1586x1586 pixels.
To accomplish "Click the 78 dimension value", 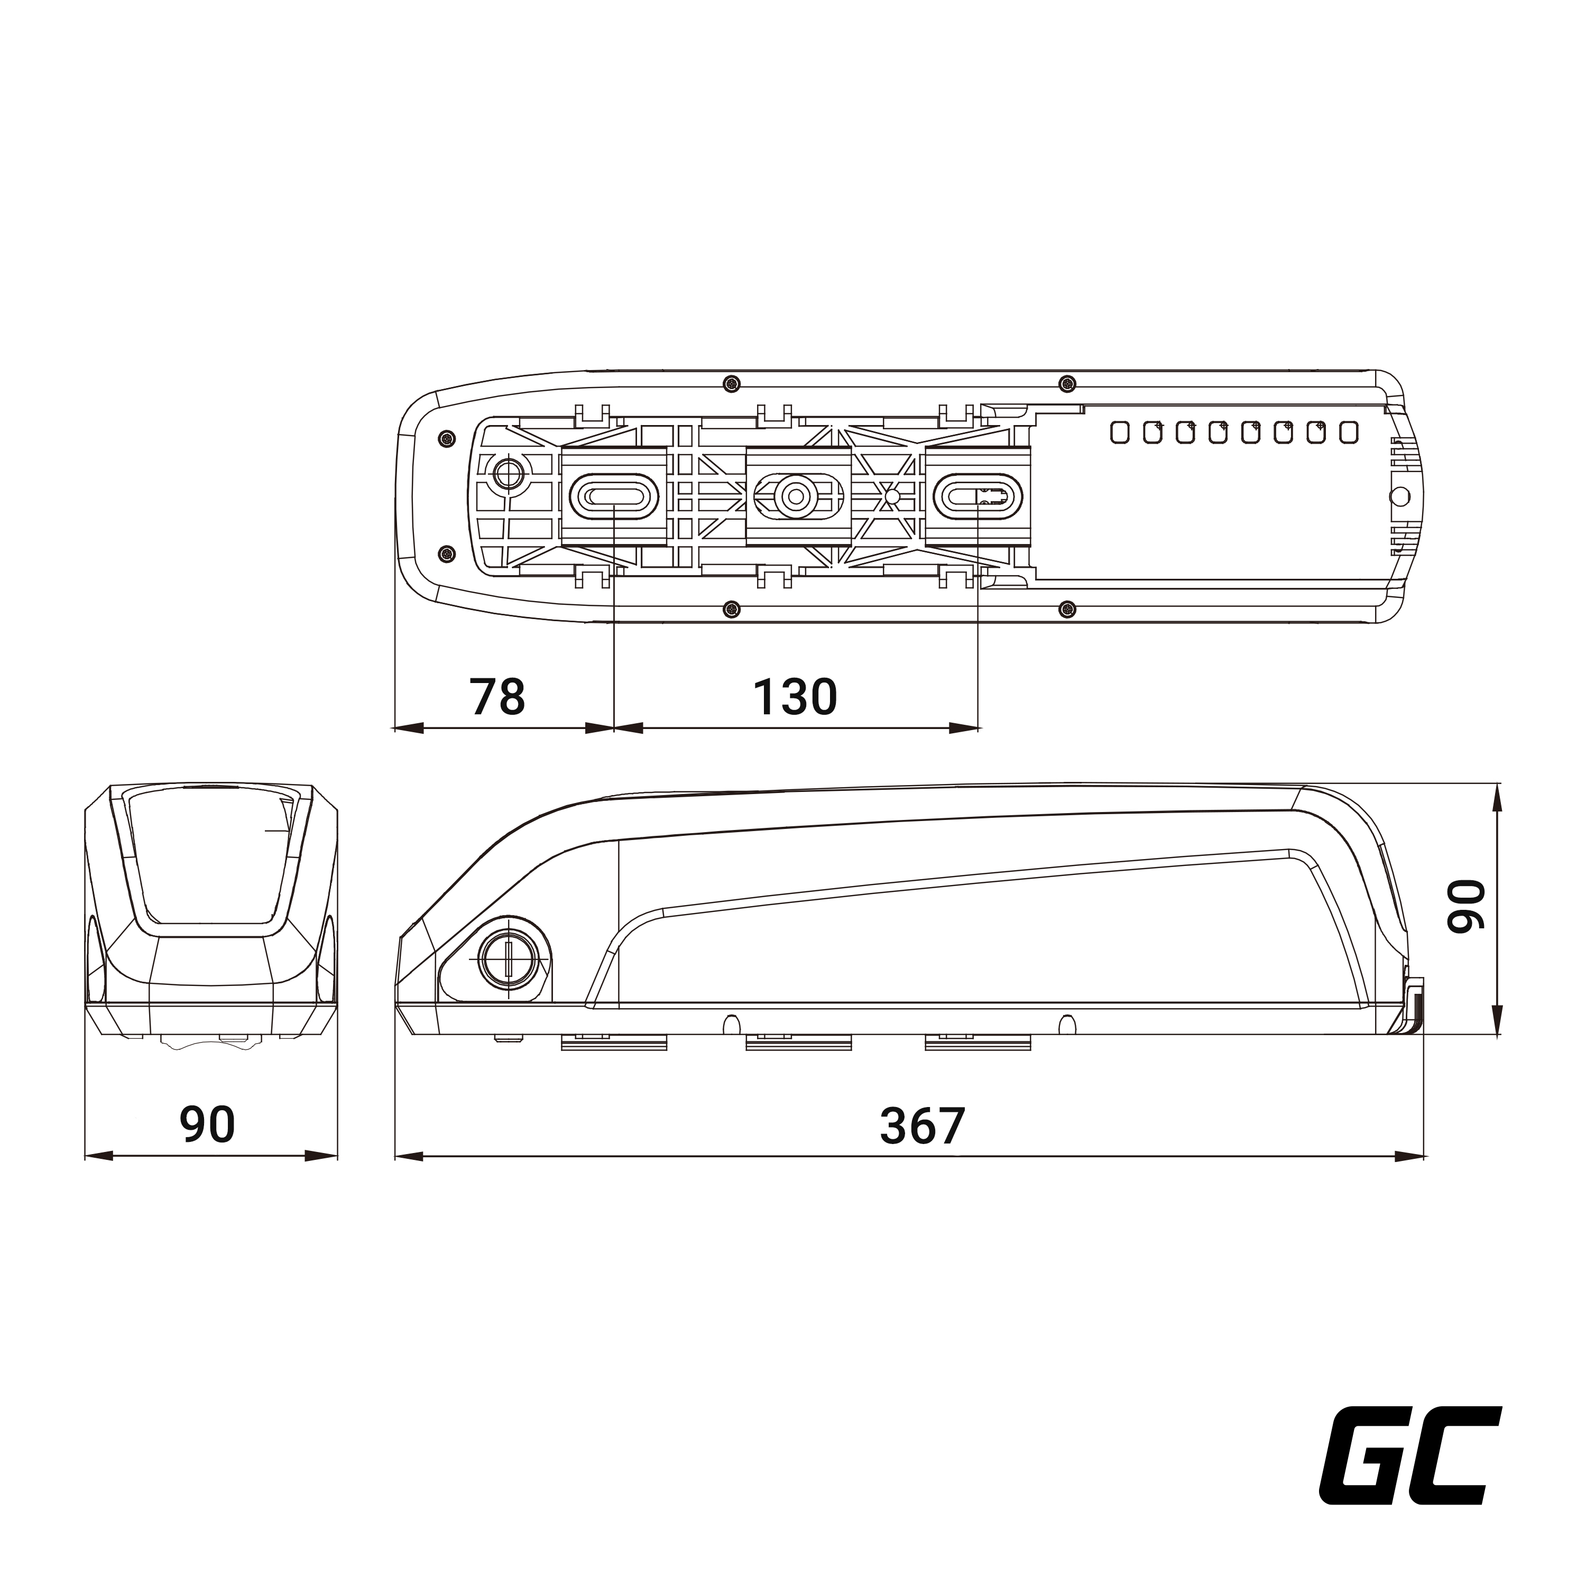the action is [497, 697].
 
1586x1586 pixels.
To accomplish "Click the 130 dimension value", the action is [795, 697].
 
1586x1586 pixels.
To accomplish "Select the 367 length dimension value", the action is [922, 1126].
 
